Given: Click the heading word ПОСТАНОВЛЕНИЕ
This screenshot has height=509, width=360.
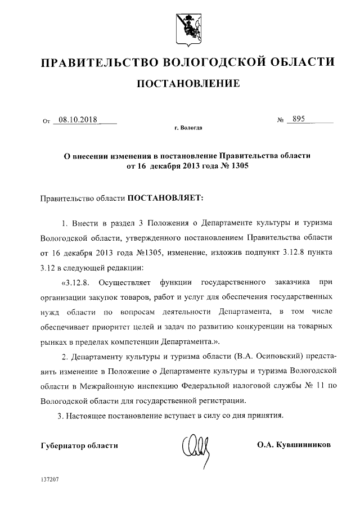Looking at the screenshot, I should click(189, 84).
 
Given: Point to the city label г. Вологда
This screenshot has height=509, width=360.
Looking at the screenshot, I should click(188, 128).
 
